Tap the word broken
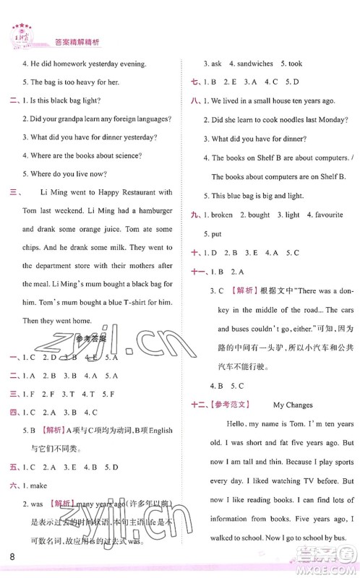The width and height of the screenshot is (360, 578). pos(221,215)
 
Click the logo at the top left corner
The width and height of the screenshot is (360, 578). pos(17,35)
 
